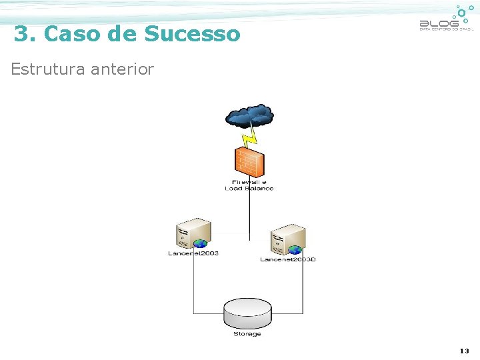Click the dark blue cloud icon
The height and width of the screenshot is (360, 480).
click(x=249, y=116)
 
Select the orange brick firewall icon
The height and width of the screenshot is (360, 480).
click(x=249, y=162)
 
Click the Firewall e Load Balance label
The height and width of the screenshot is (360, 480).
click(x=249, y=185)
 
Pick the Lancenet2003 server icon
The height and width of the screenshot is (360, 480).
click(x=193, y=233)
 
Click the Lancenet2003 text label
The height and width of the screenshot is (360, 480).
click(x=193, y=253)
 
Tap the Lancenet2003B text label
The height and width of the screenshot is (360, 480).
click(x=287, y=259)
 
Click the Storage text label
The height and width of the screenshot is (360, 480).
click(x=247, y=334)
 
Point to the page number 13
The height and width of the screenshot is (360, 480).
click(x=464, y=351)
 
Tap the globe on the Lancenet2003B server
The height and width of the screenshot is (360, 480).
click(x=295, y=249)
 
